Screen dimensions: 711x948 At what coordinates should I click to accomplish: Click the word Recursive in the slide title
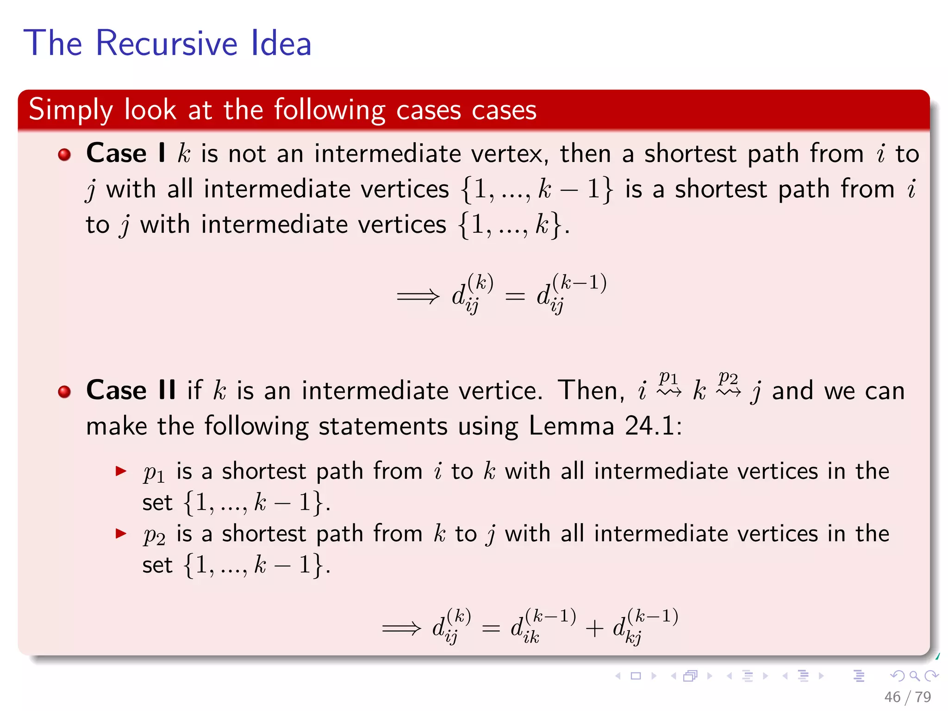167,43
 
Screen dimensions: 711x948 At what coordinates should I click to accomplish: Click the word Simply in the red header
70,110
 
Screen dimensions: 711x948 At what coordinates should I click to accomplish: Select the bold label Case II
131,390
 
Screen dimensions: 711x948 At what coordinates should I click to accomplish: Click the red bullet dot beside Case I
64,155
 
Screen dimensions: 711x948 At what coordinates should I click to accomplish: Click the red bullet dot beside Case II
64,392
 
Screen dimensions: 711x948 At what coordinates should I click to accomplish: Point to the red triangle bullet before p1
121,472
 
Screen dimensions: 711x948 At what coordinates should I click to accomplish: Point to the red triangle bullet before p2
121,534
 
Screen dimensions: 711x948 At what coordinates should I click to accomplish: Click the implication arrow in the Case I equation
418,296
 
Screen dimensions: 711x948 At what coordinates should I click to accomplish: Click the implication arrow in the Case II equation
402,628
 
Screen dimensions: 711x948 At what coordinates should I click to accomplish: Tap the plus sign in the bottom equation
594,629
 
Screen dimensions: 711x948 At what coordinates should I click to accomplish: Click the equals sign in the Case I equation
515,296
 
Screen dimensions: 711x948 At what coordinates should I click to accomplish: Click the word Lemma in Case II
571,425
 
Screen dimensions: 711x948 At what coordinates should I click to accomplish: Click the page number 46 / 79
907,697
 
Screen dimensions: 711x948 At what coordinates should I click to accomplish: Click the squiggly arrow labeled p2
729,393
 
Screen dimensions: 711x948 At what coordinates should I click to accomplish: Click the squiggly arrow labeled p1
669,393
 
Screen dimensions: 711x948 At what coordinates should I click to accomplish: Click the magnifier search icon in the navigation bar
914,676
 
